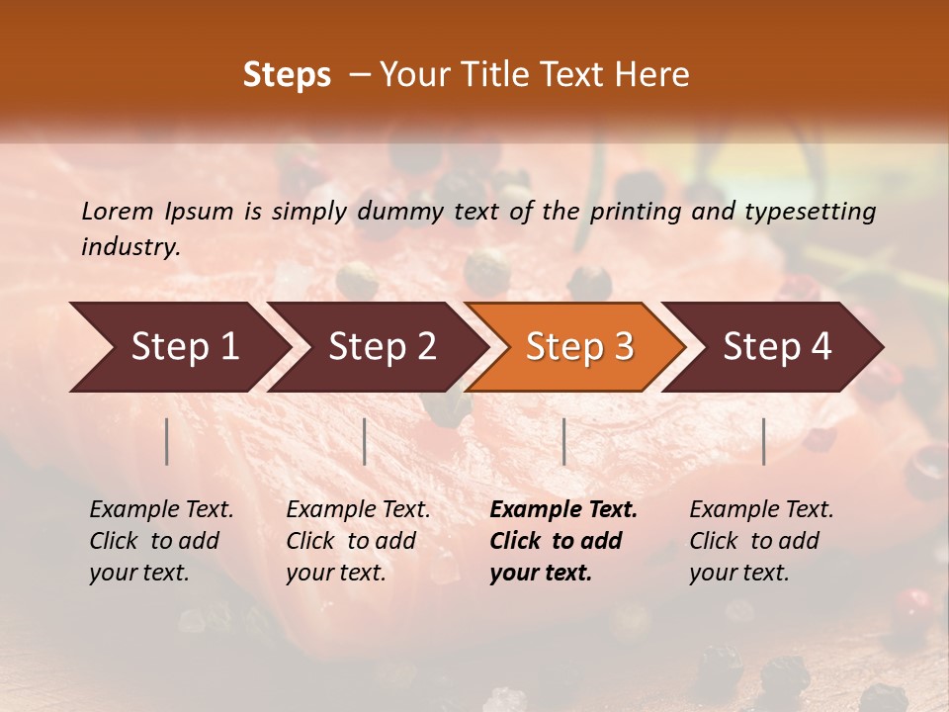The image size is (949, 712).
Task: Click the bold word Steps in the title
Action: (x=287, y=75)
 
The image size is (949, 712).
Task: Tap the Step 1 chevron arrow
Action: (x=178, y=347)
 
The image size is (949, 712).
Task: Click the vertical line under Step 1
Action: (x=167, y=441)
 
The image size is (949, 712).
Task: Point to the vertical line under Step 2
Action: (x=365, y=441)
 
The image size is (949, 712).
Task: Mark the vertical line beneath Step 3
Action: (x=563, y=441)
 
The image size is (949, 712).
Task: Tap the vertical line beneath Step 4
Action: (x=763, y=441)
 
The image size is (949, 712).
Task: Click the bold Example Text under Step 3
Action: (x=563, y=509)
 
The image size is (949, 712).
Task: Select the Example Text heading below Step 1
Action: (x=161, y=509)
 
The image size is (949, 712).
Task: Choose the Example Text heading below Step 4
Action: (x=761, y=509)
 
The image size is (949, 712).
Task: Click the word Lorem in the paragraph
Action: (x=117, y=212)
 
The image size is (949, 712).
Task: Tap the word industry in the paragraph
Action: (x=129, y=247)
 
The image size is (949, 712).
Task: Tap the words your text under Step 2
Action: (x=335, y=573)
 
